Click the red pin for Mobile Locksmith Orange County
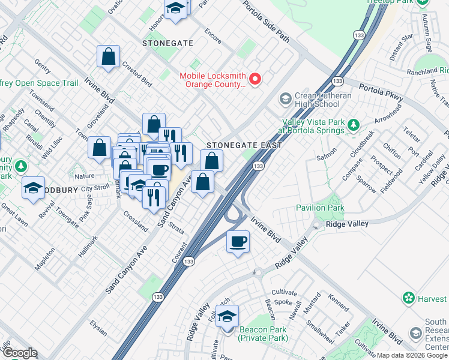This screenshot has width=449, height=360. (x=255, y=79)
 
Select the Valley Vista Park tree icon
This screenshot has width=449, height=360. (x=354, y=125)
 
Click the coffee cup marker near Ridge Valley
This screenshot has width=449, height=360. (x=238, y=242)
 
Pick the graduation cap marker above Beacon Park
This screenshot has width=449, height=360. (x=228, y=316)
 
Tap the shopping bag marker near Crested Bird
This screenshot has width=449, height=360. (x=108, y=57)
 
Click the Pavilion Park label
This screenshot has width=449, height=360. (x=319, y=208)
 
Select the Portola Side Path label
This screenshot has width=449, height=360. (x=266, y=22)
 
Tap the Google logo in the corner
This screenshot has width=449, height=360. (x=19, y=353)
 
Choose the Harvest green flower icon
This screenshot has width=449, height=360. (x=409, y=298)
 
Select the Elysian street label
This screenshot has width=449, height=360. (x=98, y=329)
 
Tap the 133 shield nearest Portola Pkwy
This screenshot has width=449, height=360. (x=338, y=80)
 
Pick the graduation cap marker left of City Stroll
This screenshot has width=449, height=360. (x=34, y=188)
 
